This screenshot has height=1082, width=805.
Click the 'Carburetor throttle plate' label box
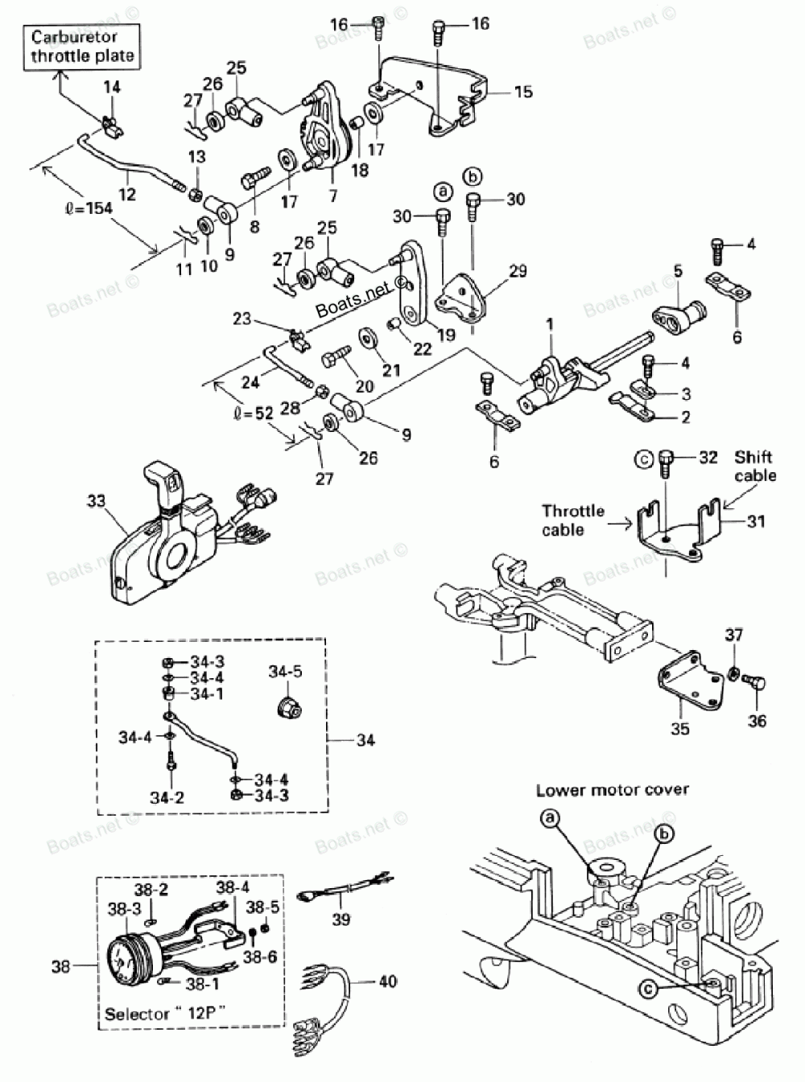point(84,47)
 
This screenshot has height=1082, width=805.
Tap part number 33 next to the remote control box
point(96,502)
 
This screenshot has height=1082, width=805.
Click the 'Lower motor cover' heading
point(612,789)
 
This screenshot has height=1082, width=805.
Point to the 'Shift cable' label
point(754,466)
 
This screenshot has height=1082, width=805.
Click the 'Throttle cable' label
point(573,520)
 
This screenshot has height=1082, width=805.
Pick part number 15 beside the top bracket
point(522,92)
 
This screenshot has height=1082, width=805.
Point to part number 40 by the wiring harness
point(387,981)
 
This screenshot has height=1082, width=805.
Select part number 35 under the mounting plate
point(680,729)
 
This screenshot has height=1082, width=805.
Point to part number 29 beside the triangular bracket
point(518,271)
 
